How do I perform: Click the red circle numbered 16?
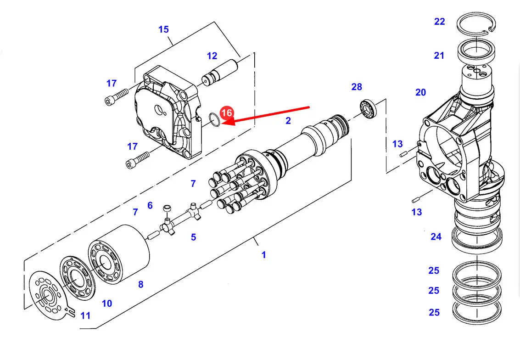point(227,113)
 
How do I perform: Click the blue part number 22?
point(439,22)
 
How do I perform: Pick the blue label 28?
point(357,87)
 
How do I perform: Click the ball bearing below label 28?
point(368,108)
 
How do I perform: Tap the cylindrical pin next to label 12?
point(219,73)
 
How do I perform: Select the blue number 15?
point(163,29)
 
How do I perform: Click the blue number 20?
point(420,93)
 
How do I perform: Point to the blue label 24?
point(436,237)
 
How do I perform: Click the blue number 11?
point(85,316)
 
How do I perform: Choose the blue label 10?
point(107,304)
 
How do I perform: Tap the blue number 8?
point(141,284)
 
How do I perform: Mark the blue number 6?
point(150,206)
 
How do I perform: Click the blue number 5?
point(193,237)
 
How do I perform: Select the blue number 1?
point(263,255)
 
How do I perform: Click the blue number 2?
point(288,121)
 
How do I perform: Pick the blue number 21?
point(439,56)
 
